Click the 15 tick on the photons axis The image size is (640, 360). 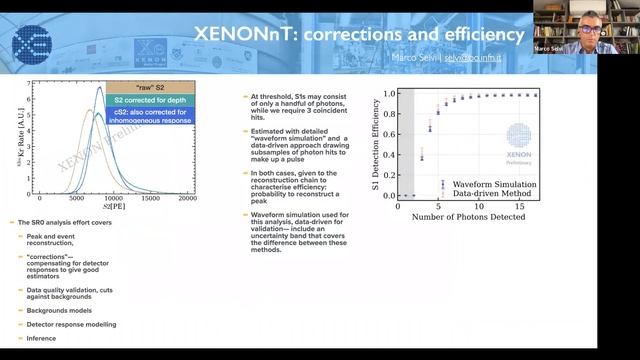519,206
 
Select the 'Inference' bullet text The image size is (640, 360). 44,338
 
